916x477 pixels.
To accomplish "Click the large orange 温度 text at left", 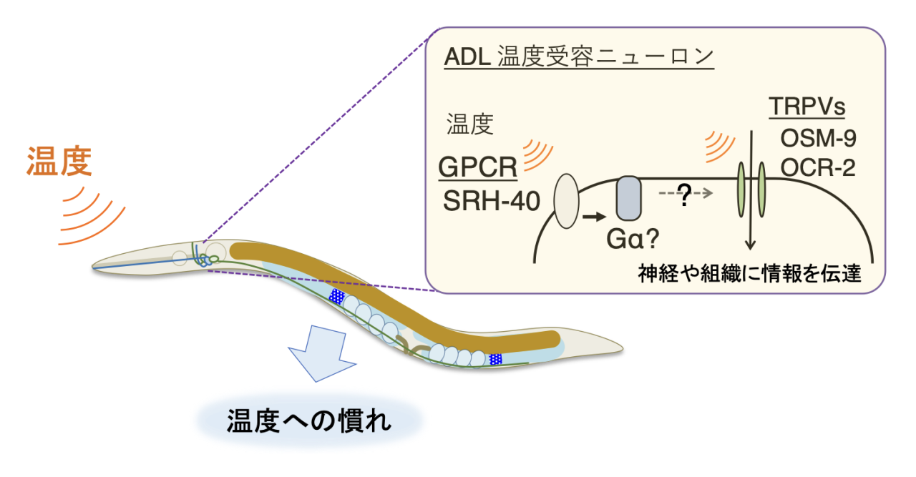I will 60,162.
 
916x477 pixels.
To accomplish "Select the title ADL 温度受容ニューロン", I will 579,57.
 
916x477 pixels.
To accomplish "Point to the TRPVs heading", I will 807,107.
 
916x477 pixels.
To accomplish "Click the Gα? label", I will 637,240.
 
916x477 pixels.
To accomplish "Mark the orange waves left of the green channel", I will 718,146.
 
